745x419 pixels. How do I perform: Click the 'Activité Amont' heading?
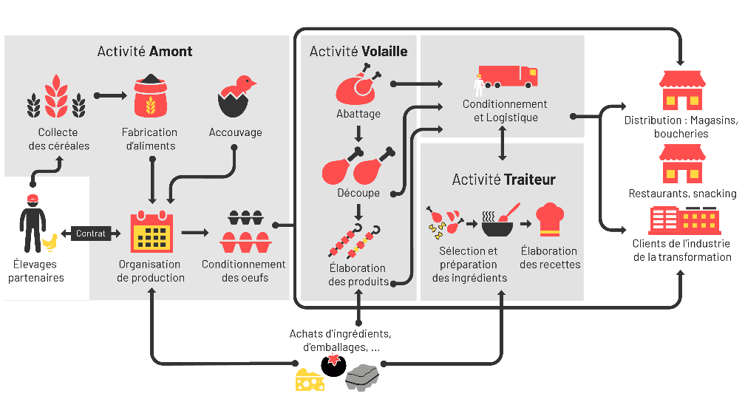click(x=145, y=51)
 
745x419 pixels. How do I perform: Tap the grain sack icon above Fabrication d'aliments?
click(x=150, y=97)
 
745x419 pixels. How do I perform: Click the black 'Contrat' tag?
click(x=91, y=234)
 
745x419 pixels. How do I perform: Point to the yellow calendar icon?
click(x=152, y=233)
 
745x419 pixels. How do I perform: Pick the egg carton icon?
click(x=245, y=232)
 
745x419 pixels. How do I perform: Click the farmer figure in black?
click(x=32, y=222)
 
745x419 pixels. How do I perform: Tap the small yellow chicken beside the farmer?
click(x=50, y=242)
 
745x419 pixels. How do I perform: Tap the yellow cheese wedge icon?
click(x=309, y=379)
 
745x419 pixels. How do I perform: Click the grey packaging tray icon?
click(x=361, y=377)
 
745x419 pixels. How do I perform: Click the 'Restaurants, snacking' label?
click(x=682, y=194)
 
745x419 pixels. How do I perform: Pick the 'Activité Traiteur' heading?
click(x=503, y=180)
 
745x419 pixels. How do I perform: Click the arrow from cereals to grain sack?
click(x=111, y=95)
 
